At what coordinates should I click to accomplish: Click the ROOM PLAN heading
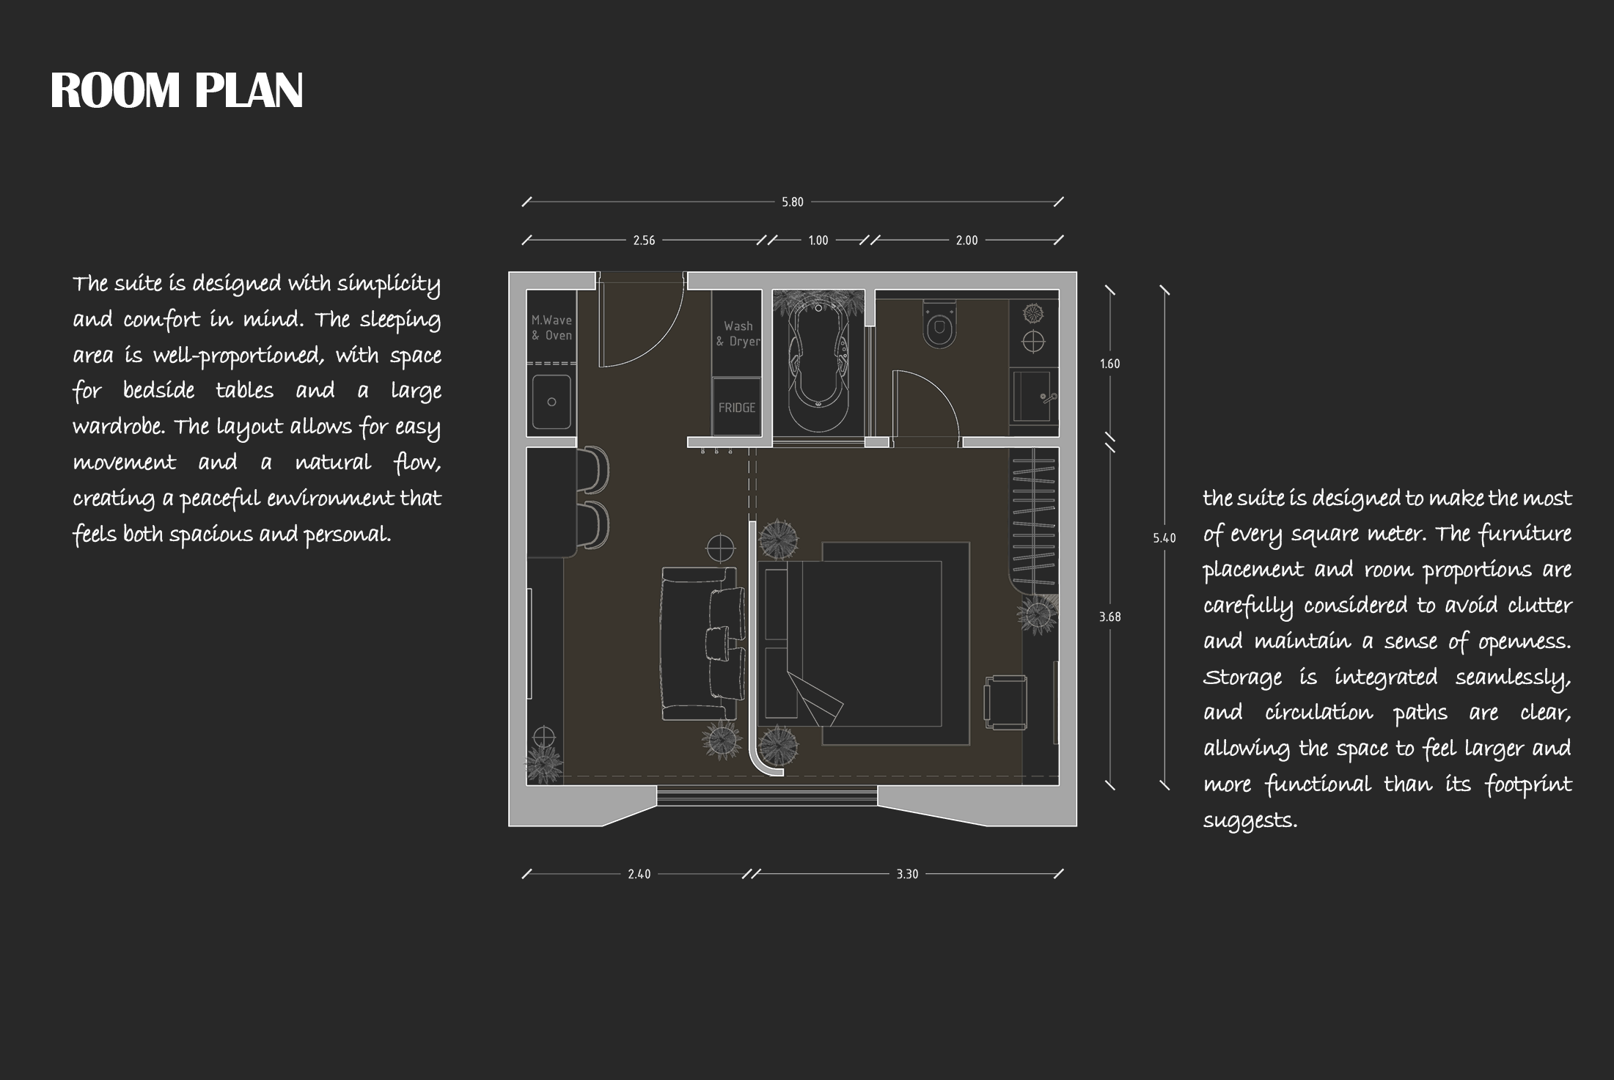[x=177, y=91]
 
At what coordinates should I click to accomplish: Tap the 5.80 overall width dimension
[x=793, y=202]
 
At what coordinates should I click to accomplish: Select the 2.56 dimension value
[x=644, y=240]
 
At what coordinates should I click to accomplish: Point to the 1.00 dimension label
[x=818, y=240]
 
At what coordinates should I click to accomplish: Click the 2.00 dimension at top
[x=966, y=240]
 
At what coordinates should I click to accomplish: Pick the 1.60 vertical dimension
[x=1109, y=364]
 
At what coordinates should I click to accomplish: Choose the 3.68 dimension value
[x=1109, y=617]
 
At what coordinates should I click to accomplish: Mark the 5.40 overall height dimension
[x=1164, y=538]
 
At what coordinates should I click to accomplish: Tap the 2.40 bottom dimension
[x=639, y=874]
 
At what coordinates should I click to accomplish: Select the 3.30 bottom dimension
[x=907, y=874]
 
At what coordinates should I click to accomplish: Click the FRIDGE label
[x=737, y=408]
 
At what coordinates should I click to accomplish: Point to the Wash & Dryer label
[x=738, y=334]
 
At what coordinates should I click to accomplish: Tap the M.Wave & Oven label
[x=551, y=328]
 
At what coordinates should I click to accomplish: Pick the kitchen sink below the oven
[x=551, y=402]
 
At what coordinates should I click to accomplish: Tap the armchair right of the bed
[x=1005, y=702]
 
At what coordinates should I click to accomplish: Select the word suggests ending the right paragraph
[x=1250, y=821]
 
